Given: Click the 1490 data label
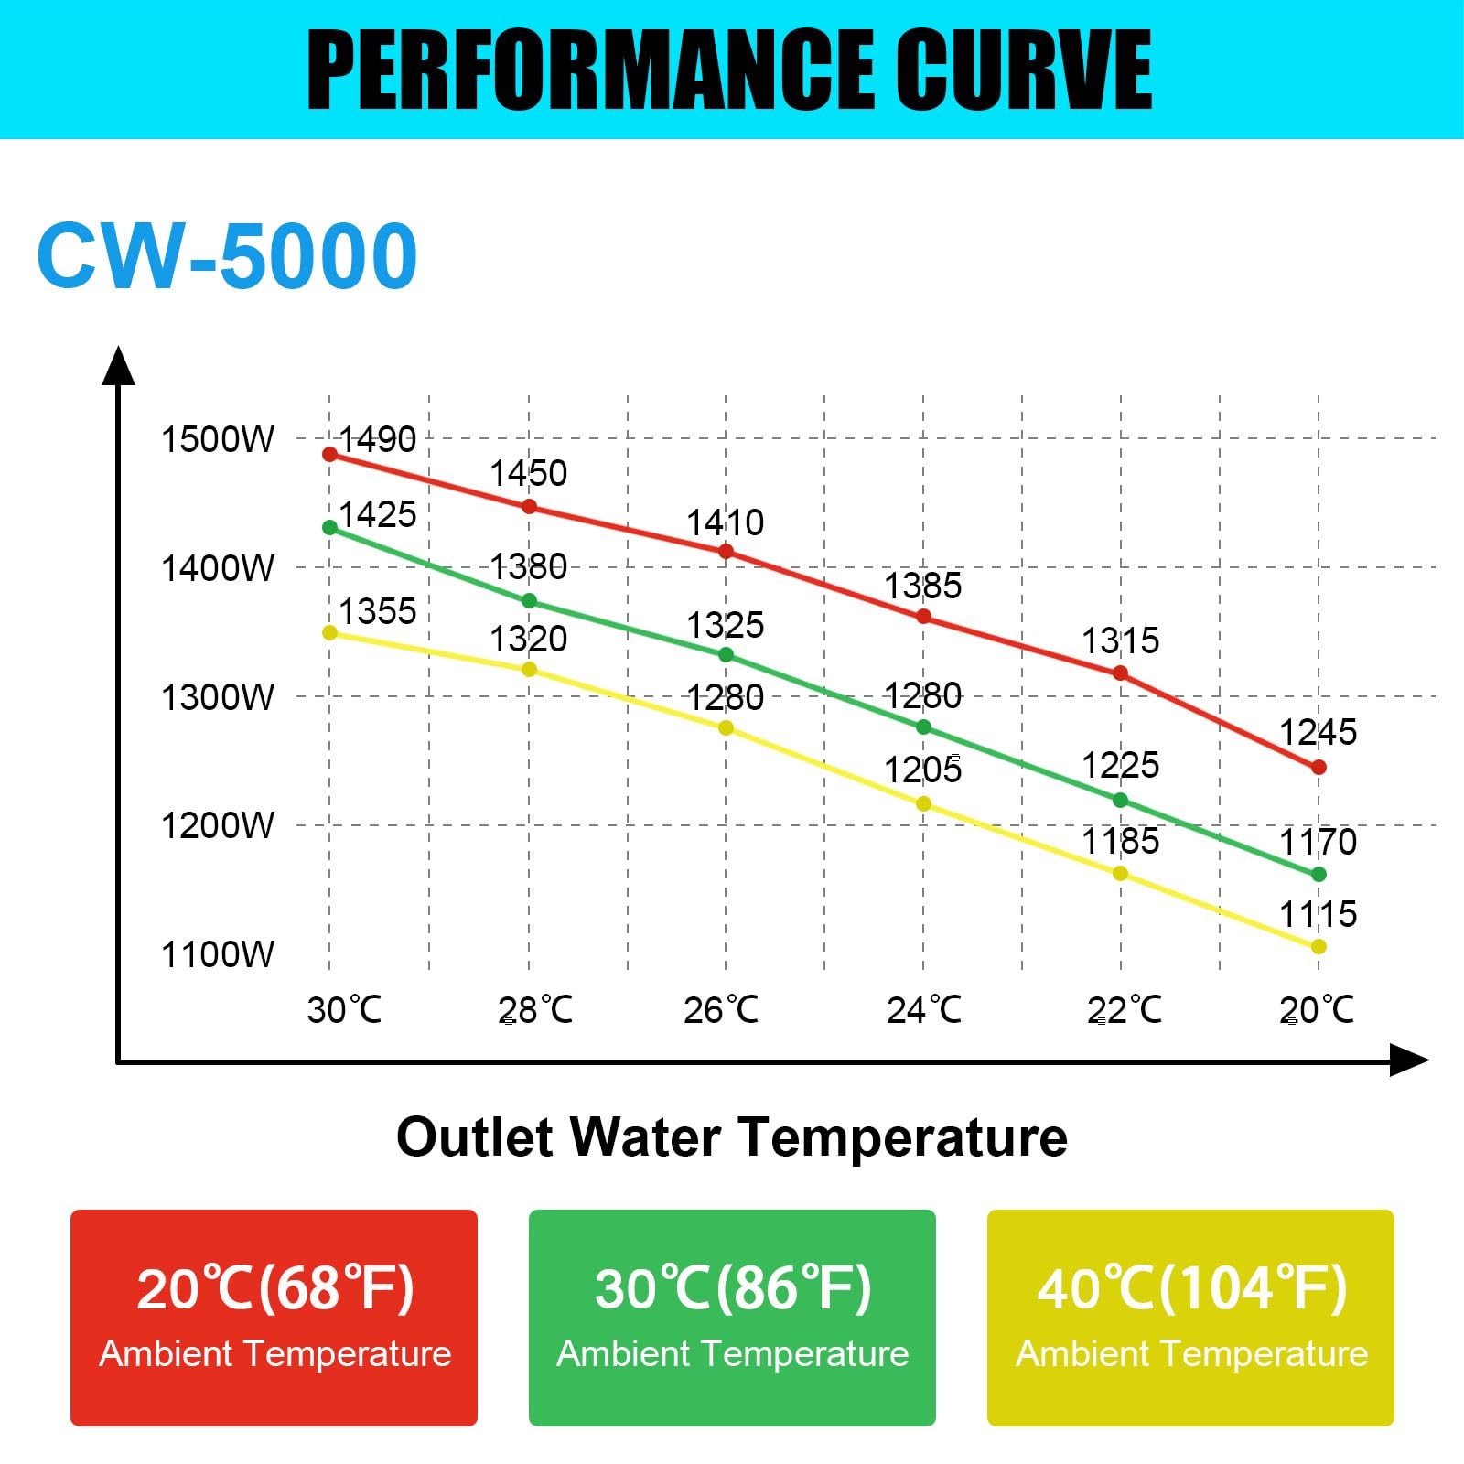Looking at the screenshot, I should point(377,440).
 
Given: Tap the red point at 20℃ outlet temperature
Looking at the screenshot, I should point(1319,768).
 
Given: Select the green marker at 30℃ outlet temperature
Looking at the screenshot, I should point(330,528).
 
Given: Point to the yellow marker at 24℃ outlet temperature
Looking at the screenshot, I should point(923,804).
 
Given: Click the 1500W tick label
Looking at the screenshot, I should point(217,440).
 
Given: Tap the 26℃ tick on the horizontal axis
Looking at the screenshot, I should point(721,1010).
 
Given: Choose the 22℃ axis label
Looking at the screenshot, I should point(1124,1010).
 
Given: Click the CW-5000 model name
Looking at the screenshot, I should point(227,256).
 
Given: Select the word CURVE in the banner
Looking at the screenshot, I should point(1023,70).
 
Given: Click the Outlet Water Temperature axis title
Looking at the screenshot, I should point(732,1137).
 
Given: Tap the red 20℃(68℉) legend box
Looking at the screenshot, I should point(274,1318).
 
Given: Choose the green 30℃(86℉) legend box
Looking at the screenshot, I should point(732,1318).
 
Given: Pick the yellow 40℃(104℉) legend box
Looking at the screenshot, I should point(1190,1318).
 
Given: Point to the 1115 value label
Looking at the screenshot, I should point(1318,914).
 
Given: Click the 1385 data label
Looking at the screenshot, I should point(922,587).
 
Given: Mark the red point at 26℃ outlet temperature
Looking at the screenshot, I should point(726,552).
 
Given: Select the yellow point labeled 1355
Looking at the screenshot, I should point(330,633).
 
